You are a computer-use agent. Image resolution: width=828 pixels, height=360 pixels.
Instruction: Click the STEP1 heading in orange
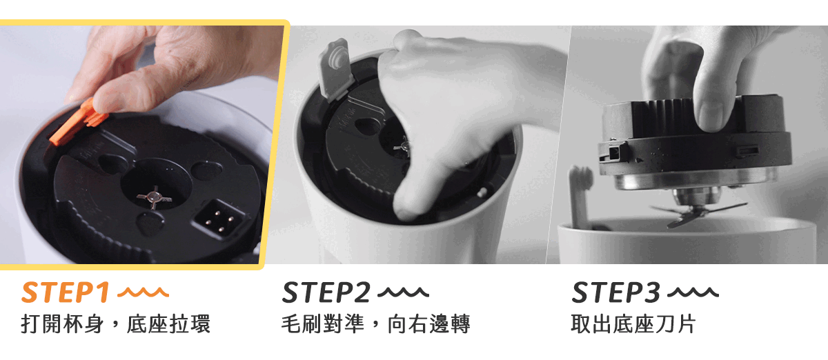click(x=66, y=292)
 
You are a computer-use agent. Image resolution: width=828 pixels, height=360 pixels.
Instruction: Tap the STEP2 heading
click(x=326, y=292)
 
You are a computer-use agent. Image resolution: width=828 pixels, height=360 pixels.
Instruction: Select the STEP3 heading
click(x=615, y=292)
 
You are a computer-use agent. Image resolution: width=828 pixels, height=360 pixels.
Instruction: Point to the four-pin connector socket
click(x=219, y=219)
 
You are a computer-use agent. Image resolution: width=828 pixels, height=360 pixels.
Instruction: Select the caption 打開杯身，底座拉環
click(x=116, y=324)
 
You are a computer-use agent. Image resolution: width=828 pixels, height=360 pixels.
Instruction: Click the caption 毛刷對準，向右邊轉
click(x=376, y=324)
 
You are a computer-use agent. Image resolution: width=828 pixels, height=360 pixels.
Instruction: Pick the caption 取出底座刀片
click(x=633, y=324)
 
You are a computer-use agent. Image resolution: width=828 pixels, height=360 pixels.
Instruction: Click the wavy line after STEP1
click(x=143, y=292)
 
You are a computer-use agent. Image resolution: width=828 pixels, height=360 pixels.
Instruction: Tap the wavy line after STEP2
click(x=403, y=292)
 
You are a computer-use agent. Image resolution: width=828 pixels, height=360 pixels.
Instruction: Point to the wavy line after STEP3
click(x=693, y=292)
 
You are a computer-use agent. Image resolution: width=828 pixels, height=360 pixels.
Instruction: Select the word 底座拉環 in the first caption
click(x=168, y=324)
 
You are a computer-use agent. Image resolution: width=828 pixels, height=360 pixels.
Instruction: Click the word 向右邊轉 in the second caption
click(x=429, y=324)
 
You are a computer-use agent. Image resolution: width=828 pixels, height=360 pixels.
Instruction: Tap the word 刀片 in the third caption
click(x=676, y=324)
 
